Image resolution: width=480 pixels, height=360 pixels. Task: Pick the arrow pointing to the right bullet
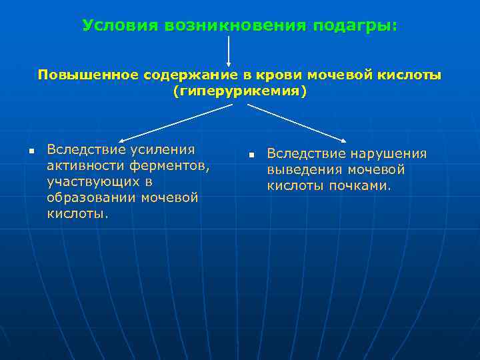click(297, 123)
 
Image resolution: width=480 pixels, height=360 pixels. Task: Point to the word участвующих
click(93, 181)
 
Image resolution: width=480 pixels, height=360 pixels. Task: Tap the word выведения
click(303, 170)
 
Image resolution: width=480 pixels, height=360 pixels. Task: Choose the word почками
click(359, 186)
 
